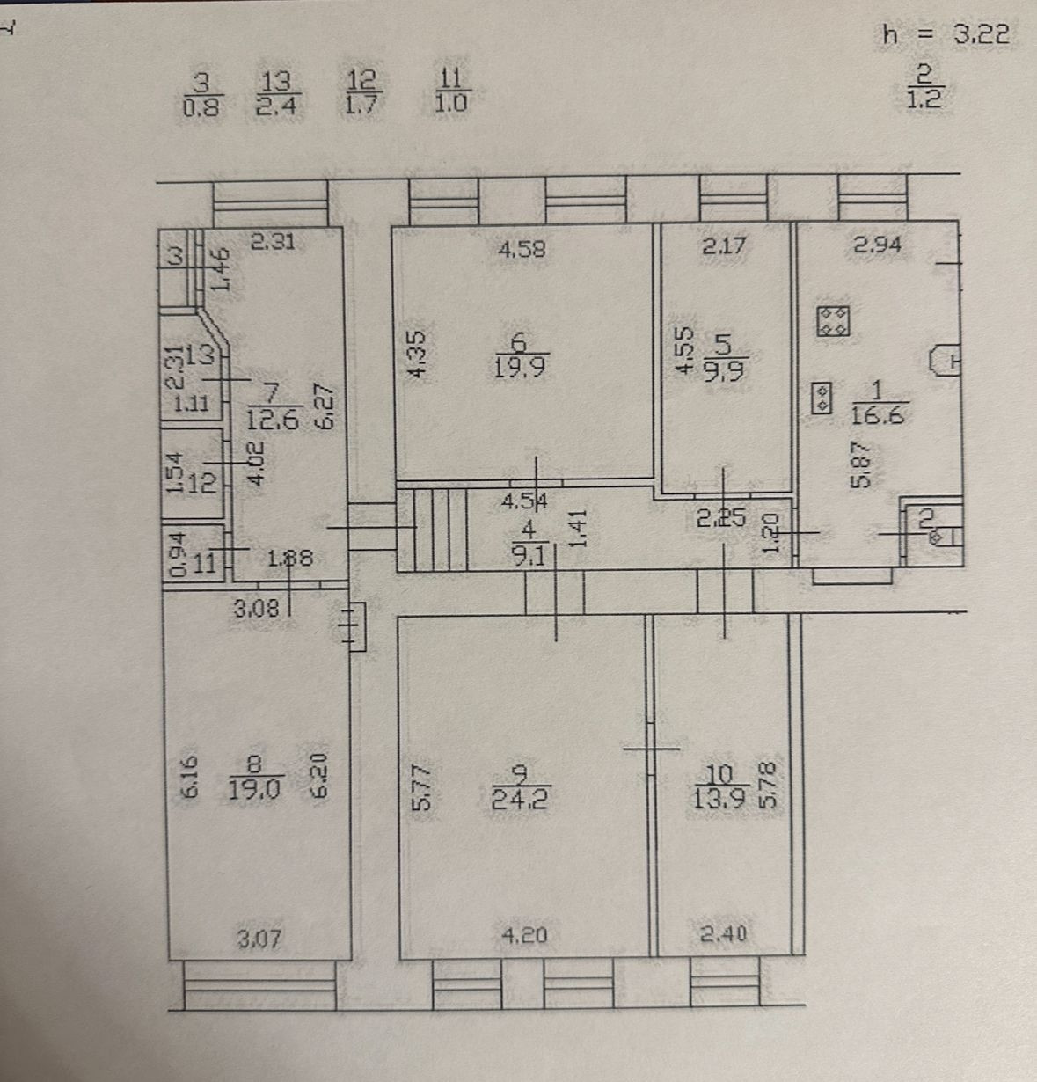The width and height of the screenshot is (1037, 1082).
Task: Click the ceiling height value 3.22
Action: coord(980,35)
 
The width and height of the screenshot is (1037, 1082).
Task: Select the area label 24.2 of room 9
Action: coord(522,801)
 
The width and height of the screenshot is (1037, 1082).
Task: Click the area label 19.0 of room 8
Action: coord(253,788)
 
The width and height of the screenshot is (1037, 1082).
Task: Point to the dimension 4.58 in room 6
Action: coord(522,249)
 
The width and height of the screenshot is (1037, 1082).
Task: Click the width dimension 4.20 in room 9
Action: coord(523,936)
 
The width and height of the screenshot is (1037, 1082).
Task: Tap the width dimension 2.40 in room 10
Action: coord(724,934)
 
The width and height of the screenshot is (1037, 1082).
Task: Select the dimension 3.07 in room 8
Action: coord(260,939)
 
